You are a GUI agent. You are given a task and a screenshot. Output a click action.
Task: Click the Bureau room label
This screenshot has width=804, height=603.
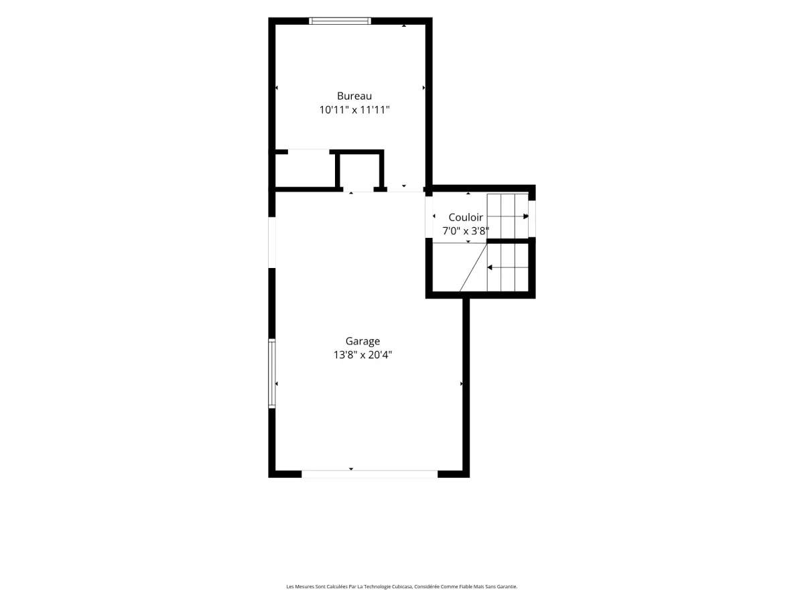coord(354,96)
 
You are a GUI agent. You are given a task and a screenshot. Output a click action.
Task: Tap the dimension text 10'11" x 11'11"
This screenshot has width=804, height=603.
coord(354,110)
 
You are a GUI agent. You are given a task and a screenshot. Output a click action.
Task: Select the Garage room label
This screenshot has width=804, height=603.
coord(362,341)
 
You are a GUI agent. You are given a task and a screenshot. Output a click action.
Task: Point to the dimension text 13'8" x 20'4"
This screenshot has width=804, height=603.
coord(362,355)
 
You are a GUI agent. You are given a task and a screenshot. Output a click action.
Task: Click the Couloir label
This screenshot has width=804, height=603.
coord(466,218)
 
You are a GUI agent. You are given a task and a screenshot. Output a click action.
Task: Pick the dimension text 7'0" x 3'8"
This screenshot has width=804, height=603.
coord(466,231)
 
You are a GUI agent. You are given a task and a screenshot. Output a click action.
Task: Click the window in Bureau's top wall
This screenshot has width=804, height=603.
coord(340,21)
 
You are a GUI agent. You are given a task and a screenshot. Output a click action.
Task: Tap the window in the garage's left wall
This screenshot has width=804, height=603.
coord(272,373)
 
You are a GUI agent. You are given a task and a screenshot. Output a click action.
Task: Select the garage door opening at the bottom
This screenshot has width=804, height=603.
coord(369,474)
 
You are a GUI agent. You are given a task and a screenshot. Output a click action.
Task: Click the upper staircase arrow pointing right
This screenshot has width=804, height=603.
coord(508,216)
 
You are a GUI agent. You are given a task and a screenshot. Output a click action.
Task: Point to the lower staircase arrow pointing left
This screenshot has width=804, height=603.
coord(508,267)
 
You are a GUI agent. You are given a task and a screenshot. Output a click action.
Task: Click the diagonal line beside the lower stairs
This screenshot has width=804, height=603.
coord(473,267)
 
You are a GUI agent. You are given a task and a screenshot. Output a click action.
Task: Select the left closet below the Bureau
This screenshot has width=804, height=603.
coord(305,170)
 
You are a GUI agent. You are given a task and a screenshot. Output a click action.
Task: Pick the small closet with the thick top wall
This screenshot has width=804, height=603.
coord(359,171)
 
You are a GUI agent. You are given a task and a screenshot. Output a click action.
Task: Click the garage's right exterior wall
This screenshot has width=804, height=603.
coord(466,388)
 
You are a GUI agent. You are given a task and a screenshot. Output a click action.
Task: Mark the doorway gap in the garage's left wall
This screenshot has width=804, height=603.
coord(272,243)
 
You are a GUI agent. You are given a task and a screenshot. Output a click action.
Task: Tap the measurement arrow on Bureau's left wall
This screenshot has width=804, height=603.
coord(277,88)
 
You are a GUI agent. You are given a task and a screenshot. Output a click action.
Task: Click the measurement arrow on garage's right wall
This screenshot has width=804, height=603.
coord(461,384)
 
